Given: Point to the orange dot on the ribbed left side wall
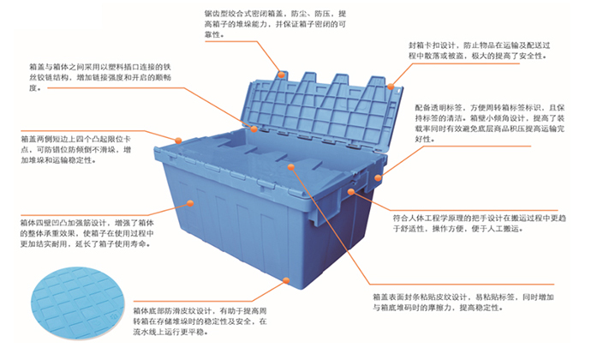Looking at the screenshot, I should coord(190,202).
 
